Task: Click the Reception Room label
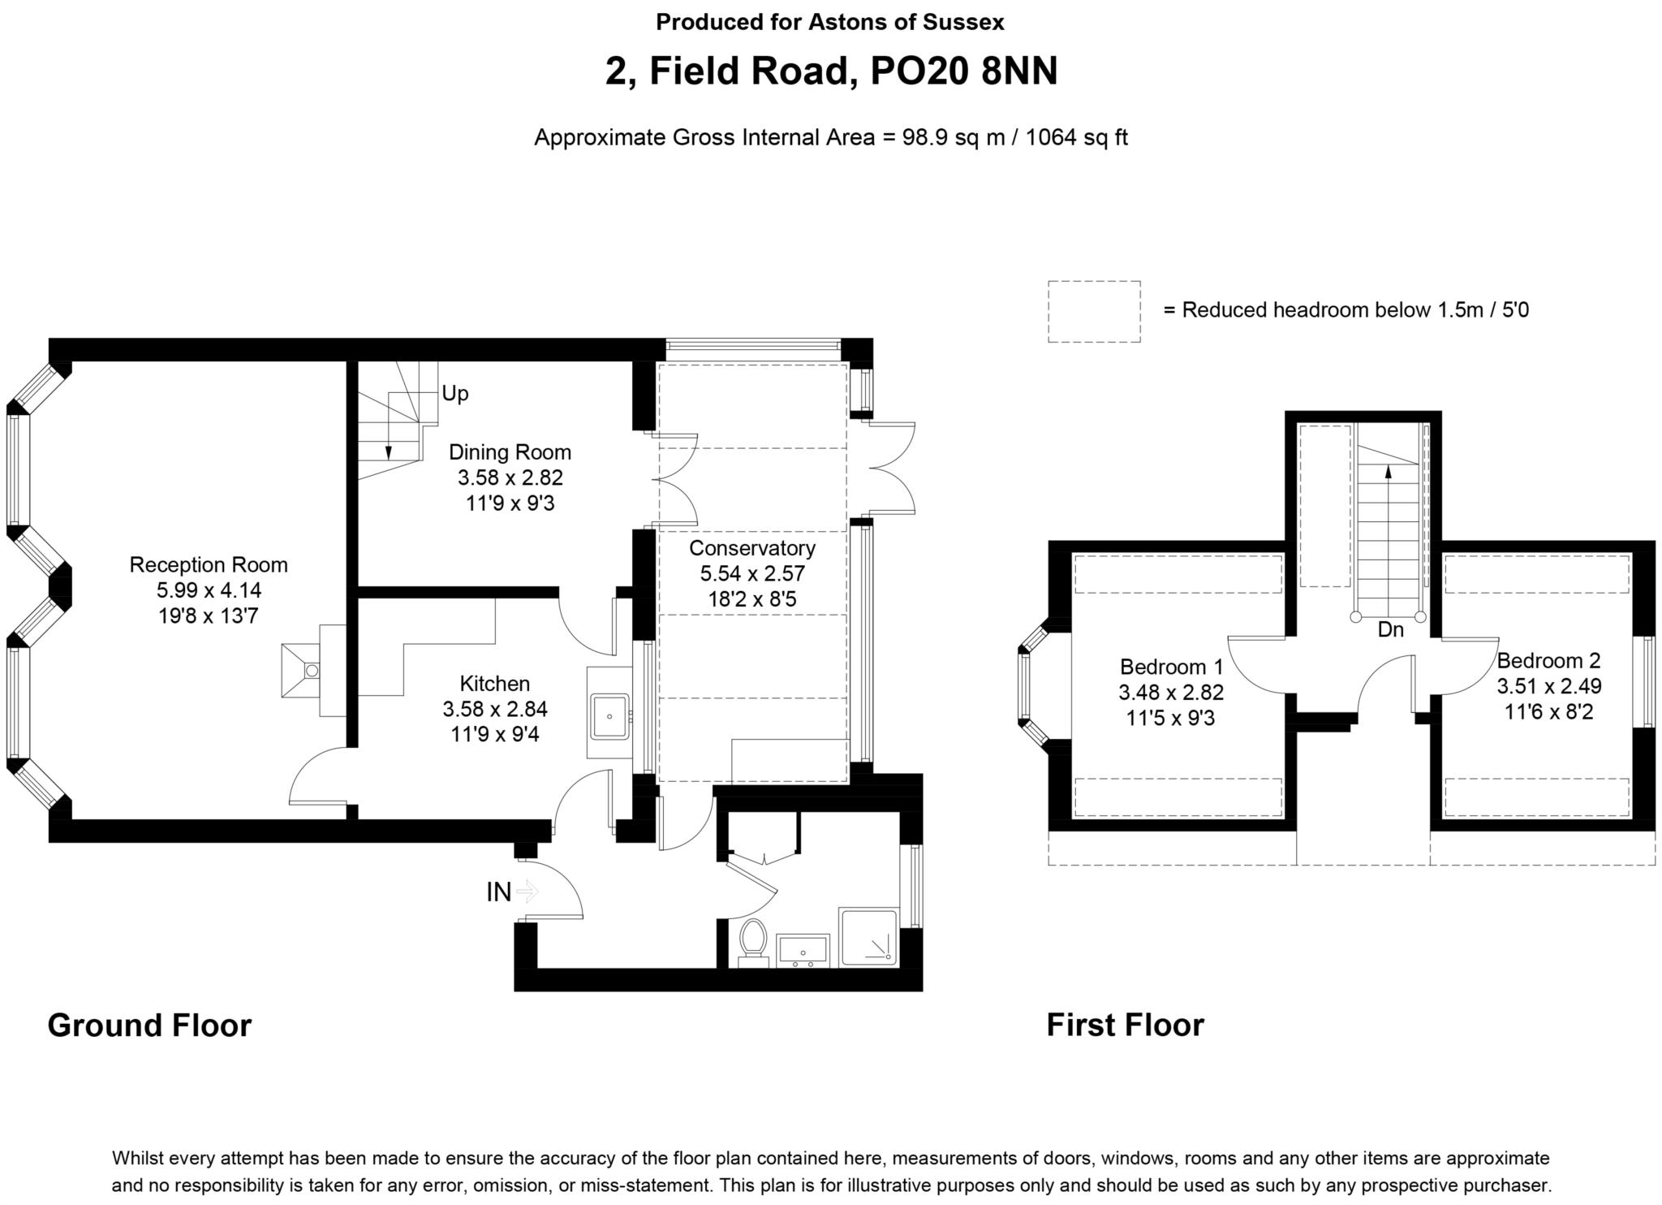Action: click(x=209, y=564)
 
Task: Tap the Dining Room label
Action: click(x=510, y=452)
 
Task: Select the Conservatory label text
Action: click(x=752, y=548)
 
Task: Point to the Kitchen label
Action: click(x=495, y=684)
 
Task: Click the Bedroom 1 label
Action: click(x=1171, y=667)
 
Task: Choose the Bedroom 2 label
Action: click(x=1549, y=660)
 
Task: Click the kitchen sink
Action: click(x=610, y=716)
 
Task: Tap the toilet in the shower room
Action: click(x=754, y=942)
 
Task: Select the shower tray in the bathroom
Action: click(x=869, y=936)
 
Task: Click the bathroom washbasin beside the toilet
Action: click(x=803, y=951)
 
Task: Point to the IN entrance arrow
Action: click(x=527, y=892)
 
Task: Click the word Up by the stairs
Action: click(x=455, y=394)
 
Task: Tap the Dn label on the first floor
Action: click(x=1390, y=629)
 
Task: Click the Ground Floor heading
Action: click(x=149, y=1026)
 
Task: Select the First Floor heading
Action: click(x=1125, y=1025)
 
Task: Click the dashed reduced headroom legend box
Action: click(x=1094, y=312)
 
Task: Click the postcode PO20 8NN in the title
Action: click(x=964, y=71)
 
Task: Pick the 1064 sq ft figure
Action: click(x=1077, y=137)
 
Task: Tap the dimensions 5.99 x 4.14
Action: click(x=209, y=590)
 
